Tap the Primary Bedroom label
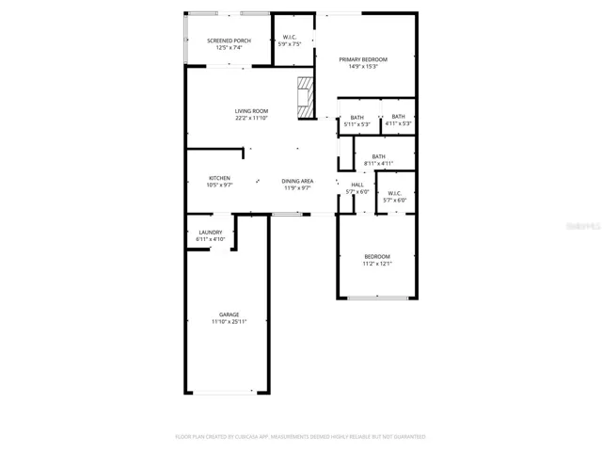click(363, 59)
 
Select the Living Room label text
click(251, 111)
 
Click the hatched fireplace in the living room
click(305, 97)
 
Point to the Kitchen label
click(219, 178)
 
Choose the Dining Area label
click(297, 180)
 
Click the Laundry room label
click(211, 233)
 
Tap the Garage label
click(229, 315)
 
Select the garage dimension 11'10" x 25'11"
click(229, 322)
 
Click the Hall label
click(357, 185)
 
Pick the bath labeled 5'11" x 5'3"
click(356, 121)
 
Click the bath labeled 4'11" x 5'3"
click(399, 120)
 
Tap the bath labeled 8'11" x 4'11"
click(378, 160)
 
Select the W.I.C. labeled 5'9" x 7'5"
click(290, 40)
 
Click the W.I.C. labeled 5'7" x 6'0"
click(394, 197)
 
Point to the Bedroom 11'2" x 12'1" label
click(377, 260)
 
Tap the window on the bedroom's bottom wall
click(377, 298)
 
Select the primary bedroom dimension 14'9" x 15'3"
click(363, 67)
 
